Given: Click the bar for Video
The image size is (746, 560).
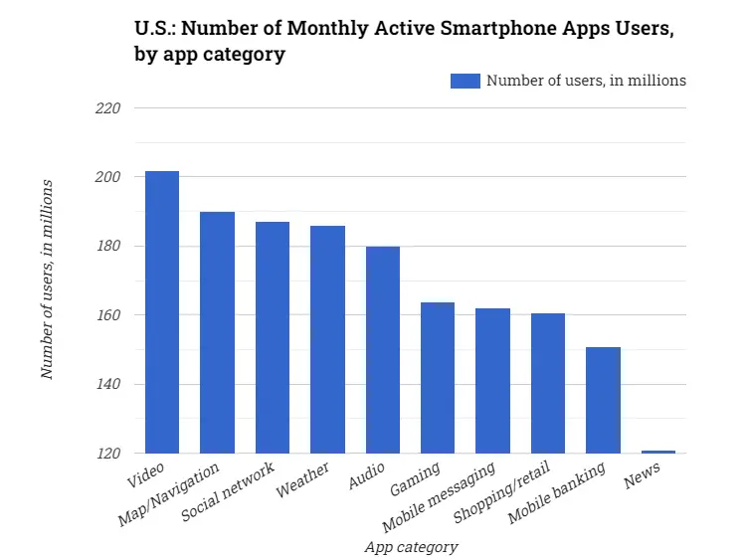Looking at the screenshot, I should pyautogui.click(x=162, y=312).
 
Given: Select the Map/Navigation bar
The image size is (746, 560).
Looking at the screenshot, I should pyautogui.click(x=217, y=332).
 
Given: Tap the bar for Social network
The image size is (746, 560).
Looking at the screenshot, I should pyautogui.click(x=273, y=337).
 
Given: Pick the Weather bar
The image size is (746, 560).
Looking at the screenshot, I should pyautogui.click(x=327, y=339).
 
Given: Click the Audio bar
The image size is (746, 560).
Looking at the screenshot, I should pyautogui.click(x=383, y=349).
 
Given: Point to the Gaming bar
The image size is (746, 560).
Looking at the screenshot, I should pyautogui.click(x=438, y=377).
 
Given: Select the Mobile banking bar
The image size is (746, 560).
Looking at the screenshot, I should pyautogui.click(x=603, y=400).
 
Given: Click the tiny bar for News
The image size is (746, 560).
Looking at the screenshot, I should pyautogui.click(x=658, y=452).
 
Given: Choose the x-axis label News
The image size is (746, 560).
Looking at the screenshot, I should pyautogui.click(x=643, y=480).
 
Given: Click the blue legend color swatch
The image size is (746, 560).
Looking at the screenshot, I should pyautogui.click(x=465, y=81).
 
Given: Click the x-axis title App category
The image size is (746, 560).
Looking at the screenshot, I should pyautogui.click(x=411, y=546).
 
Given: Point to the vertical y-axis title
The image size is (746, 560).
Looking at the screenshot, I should pyautogui.click(x=47, y=280).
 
